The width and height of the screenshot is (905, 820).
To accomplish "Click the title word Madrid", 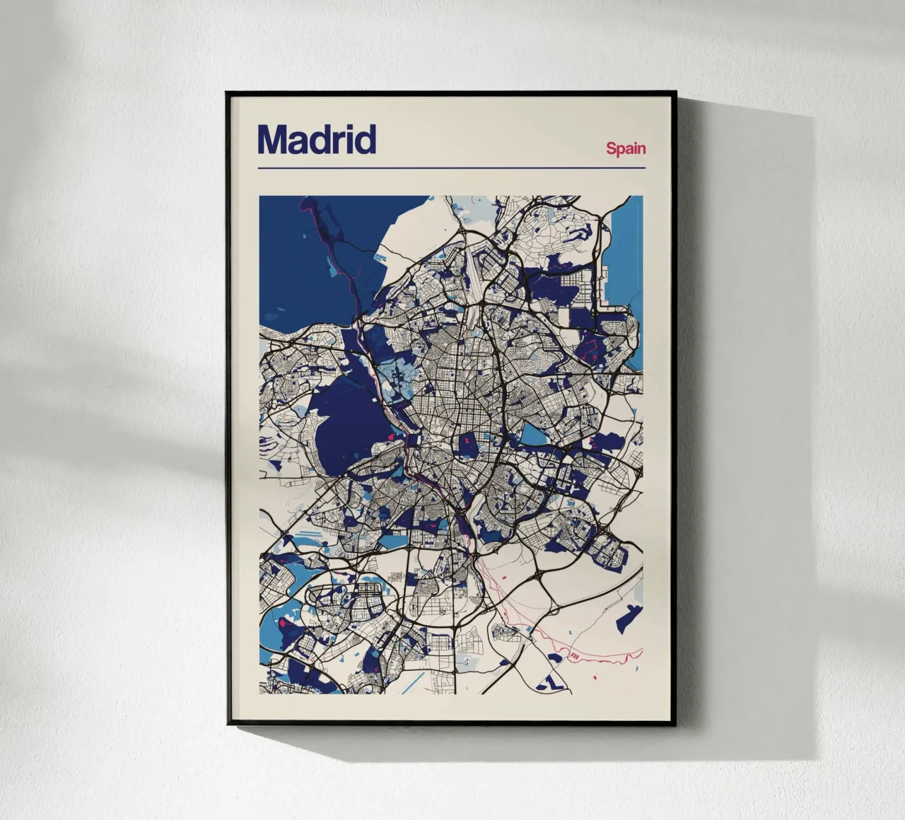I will (x=316, y=140).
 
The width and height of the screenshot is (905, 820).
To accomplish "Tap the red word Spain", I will (x=626, y=148).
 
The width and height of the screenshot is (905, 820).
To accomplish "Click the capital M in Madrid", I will (x=273, y=140).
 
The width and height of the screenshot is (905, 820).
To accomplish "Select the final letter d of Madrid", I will (x=366, y=140).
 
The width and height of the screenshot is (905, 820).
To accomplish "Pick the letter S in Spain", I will (x=611, y=148).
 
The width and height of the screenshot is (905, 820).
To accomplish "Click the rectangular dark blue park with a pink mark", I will (x=467, y=447).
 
